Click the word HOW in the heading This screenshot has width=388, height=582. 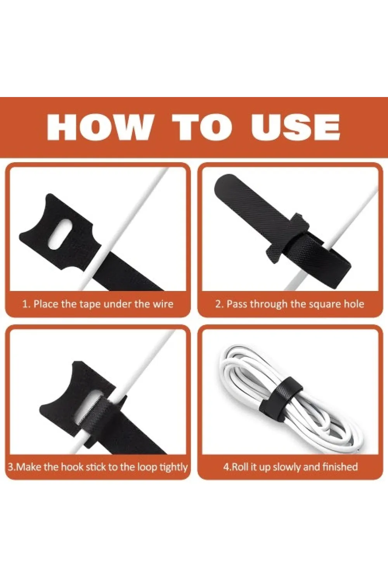[x=99, y=128]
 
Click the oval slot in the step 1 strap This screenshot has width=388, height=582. [x=60, y=234]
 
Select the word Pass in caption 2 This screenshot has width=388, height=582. [x=237, y=304]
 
